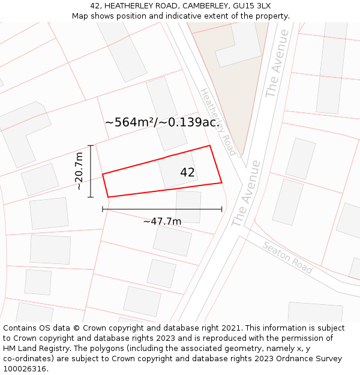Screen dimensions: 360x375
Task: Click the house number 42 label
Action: pyautogui.click(x=187, y=173)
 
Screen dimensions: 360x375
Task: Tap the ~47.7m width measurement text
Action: pyautogui.click(x=162, y=221)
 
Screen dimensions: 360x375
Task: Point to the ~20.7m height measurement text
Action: pyautogui.click(x=79, y=171)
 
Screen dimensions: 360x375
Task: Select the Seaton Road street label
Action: pyautogui.click(x=288, y=257)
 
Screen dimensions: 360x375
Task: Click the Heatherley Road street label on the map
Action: pyautogui.click(x=217, y=122)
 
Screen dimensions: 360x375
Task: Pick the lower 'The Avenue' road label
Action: pyautogui.click(x=246, y=193)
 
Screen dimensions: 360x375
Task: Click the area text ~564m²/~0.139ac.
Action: pyautogui.click(x=161, y=122)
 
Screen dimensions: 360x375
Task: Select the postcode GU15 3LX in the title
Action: pyautogui.click(x=252, y=5)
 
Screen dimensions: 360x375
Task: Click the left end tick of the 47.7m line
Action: pyautogui.click(x=103, y=209)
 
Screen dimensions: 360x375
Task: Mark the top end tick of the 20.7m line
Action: pyautogui.click(x=91, y=145)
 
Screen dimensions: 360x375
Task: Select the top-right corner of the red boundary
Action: pyautogui.click(x=209, y=145)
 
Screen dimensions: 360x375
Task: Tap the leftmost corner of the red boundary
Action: pyautogui.click(x=103, y=174)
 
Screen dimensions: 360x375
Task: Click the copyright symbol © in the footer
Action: pyautogui.click(x=76, y=328)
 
